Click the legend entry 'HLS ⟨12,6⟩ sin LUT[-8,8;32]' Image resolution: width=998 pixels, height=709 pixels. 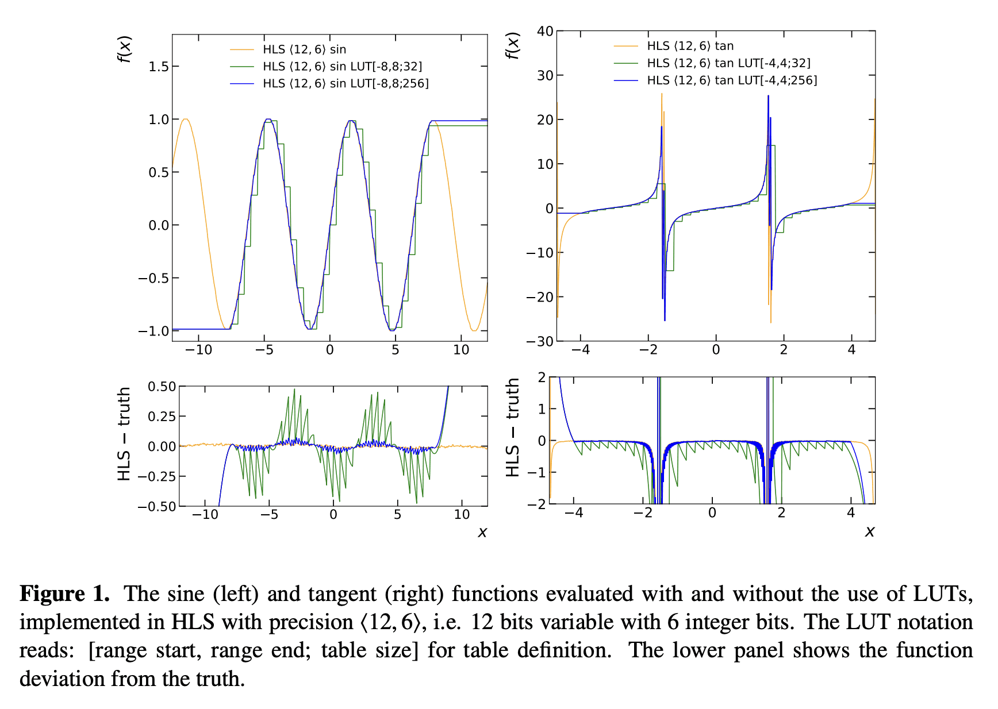(342, 67)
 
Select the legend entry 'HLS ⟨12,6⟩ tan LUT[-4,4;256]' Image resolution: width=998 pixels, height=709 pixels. (731, 80)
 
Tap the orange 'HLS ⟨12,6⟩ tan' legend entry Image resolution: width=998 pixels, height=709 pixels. (690, 46)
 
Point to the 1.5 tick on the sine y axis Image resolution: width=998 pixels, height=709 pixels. (159, 67)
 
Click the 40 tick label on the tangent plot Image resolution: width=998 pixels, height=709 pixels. (545, 31)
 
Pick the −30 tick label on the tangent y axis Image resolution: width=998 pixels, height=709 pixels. (540, 341)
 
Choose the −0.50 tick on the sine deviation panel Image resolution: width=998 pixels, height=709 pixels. (157, 506)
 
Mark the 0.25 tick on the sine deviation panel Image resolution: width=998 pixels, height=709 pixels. (162, 417)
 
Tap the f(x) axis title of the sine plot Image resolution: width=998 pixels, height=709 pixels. (125, 49)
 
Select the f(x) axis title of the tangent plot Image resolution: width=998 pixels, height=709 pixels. (512, 45)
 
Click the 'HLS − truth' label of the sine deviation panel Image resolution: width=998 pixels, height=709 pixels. (124, 434)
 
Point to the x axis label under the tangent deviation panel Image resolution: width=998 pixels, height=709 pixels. (869, 531)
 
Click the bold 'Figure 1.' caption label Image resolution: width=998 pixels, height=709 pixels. (64, 594)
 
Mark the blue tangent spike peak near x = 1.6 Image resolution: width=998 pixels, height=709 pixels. (768, 97)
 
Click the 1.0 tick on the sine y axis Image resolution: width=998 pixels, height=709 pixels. (159, 120)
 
